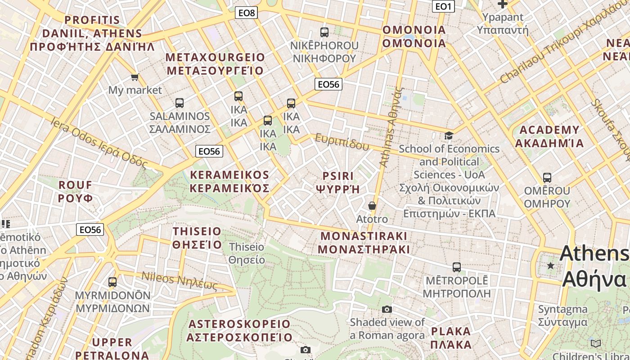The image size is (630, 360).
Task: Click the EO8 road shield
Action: (x=247, y=13)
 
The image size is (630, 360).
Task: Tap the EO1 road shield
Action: (x=443, y=6)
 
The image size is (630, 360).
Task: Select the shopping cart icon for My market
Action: (x=135, y=77)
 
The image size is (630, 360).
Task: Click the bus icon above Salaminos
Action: (x=180, y=103)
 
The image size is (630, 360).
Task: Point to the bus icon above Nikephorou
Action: (x=324, y=32)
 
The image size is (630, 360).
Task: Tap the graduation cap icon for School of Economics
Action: (x=449, y=135)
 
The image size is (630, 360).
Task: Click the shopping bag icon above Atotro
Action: (x=372, y=206)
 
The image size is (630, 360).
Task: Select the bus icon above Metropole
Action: (x=457, y=267)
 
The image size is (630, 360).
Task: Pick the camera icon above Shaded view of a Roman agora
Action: (x=387, y=309)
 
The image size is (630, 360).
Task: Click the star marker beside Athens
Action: (x=550, y=265)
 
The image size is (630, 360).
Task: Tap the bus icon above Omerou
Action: (x=547, y=178)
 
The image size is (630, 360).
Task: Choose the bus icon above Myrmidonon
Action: (x=112, y=282)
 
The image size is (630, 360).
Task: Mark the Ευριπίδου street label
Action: (x=342, y=142)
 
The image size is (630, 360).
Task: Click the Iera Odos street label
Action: (x=99, y=143)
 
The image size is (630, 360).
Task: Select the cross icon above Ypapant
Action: (x=502, y=4)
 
